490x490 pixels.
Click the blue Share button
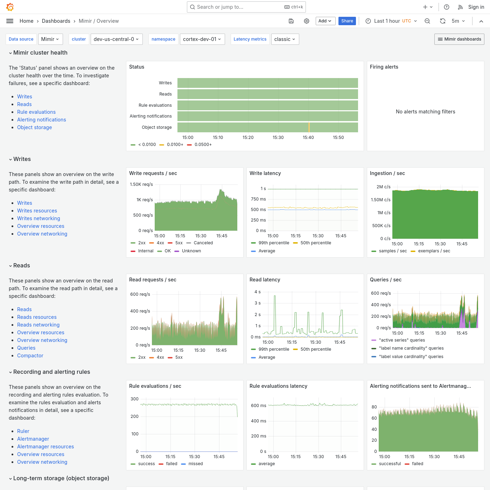point(347,21)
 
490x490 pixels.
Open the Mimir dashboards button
point(459,39)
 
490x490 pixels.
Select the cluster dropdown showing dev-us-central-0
point(116,39)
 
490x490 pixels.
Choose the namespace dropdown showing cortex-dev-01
point(202,39)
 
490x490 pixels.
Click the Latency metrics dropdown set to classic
point(285,39)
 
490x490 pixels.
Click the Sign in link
point(476,7)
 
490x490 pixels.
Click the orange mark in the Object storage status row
point(309,127)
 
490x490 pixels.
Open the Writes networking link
point(38,218)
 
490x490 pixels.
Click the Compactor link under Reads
point(30,356)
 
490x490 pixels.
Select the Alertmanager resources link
point(45,447)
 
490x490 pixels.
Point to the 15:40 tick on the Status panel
point(308,138)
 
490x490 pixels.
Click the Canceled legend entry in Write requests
point(203,243)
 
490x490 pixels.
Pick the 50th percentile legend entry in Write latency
point(315,243)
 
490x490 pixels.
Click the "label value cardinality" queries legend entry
point(411,357)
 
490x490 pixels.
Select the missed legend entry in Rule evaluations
point(195,464)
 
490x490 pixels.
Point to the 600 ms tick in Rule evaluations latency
point(258,406)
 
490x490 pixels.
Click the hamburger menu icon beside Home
point(10,21)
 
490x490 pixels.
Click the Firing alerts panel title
point(384,67)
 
